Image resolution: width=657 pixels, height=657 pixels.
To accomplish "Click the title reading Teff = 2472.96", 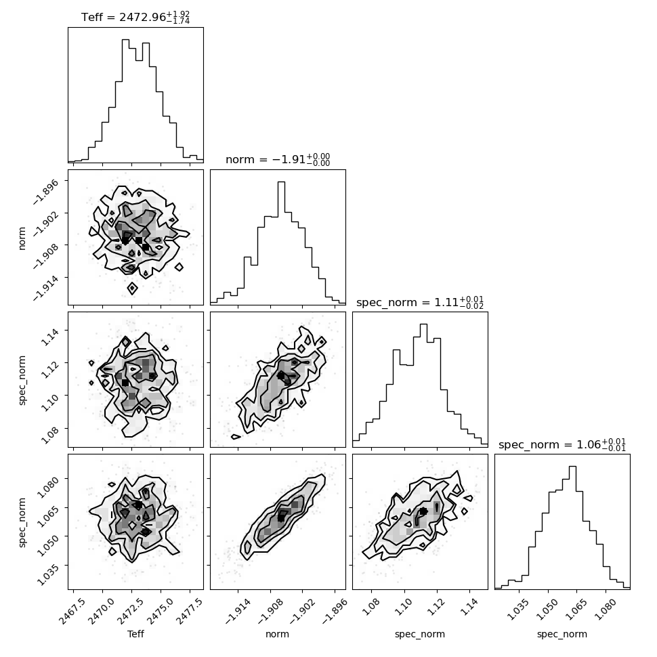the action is point(135,17).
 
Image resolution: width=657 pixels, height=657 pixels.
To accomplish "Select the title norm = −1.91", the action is point(278,159).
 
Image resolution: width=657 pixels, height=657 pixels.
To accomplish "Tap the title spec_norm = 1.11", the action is point(420,302).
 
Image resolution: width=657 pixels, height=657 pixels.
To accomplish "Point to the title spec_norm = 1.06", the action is point(562,444).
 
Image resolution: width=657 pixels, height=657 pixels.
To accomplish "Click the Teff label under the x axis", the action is point(135,634).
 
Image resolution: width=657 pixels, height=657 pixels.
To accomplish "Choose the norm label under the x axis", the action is point(278,635).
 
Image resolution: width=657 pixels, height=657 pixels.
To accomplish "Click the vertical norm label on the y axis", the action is point(22,238).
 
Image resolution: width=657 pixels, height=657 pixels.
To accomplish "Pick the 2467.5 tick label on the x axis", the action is point(72,612).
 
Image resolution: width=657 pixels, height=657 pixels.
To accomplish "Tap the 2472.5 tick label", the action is point(130,612).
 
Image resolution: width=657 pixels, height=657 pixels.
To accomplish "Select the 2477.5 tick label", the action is point(188,612).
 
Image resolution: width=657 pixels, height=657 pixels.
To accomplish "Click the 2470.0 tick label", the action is point(101,612).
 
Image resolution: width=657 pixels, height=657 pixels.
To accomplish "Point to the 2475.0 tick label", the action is point(159,612).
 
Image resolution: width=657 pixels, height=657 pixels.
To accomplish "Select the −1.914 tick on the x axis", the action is point(238,612).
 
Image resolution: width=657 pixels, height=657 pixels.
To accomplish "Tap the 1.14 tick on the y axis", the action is point(50,337).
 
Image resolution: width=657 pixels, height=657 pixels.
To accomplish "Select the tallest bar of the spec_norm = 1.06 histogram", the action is point(572,528).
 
